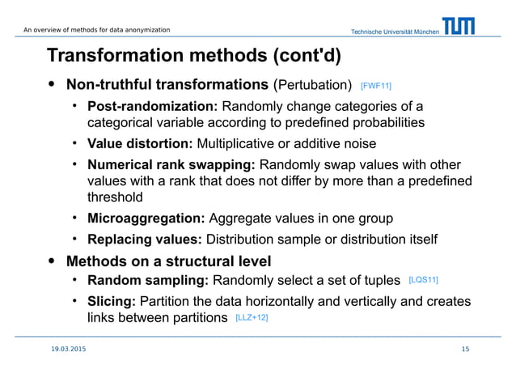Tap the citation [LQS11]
coord(424,280)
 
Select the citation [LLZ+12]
coord(252,319)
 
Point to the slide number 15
coord(465,349)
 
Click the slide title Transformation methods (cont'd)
coord(194,56)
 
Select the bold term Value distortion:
coord(139,144)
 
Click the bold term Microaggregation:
coord(146,219)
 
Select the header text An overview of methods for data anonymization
coord(96,30)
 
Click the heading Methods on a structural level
coord(168,261)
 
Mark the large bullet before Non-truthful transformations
coord(53,83)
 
